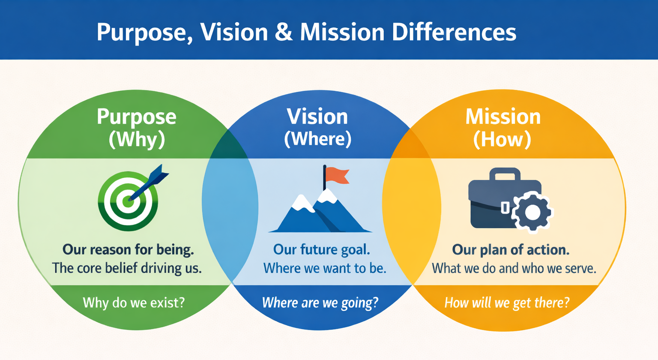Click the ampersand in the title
pos(284,32)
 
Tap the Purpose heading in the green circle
pos(136,117)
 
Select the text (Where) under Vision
pos(317,139)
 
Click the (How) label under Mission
pos(502,139)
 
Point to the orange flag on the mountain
pos(337,175)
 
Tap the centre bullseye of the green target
pos(127,201)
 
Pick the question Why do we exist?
pos(134,303)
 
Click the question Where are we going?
pos(320,303)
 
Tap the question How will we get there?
pos(507,303)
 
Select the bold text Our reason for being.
pos(128,249)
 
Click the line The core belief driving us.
pos(127,268)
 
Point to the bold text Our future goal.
pos(321,249)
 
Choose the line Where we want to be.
pos(325,268)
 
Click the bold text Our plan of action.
pos(511,249)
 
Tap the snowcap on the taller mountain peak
pos(327,197)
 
